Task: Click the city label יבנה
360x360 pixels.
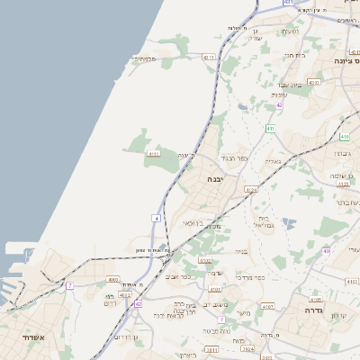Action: click(x=216, y=179)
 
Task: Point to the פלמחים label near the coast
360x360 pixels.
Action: click(x=144, y=59)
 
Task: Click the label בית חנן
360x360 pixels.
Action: click(x=295, y=55)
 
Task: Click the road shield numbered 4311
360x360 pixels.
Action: click(x=210, y=58)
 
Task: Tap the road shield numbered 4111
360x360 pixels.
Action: click(x=154, y=154)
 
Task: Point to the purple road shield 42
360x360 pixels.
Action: click(x=280, y=105)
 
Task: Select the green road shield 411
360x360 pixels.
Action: click(x=270, y=129)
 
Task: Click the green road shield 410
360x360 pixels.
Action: click(x=345, y=137)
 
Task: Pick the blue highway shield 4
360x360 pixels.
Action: click(x=156, y=218)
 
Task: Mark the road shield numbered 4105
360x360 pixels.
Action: click(x=314, y=299)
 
